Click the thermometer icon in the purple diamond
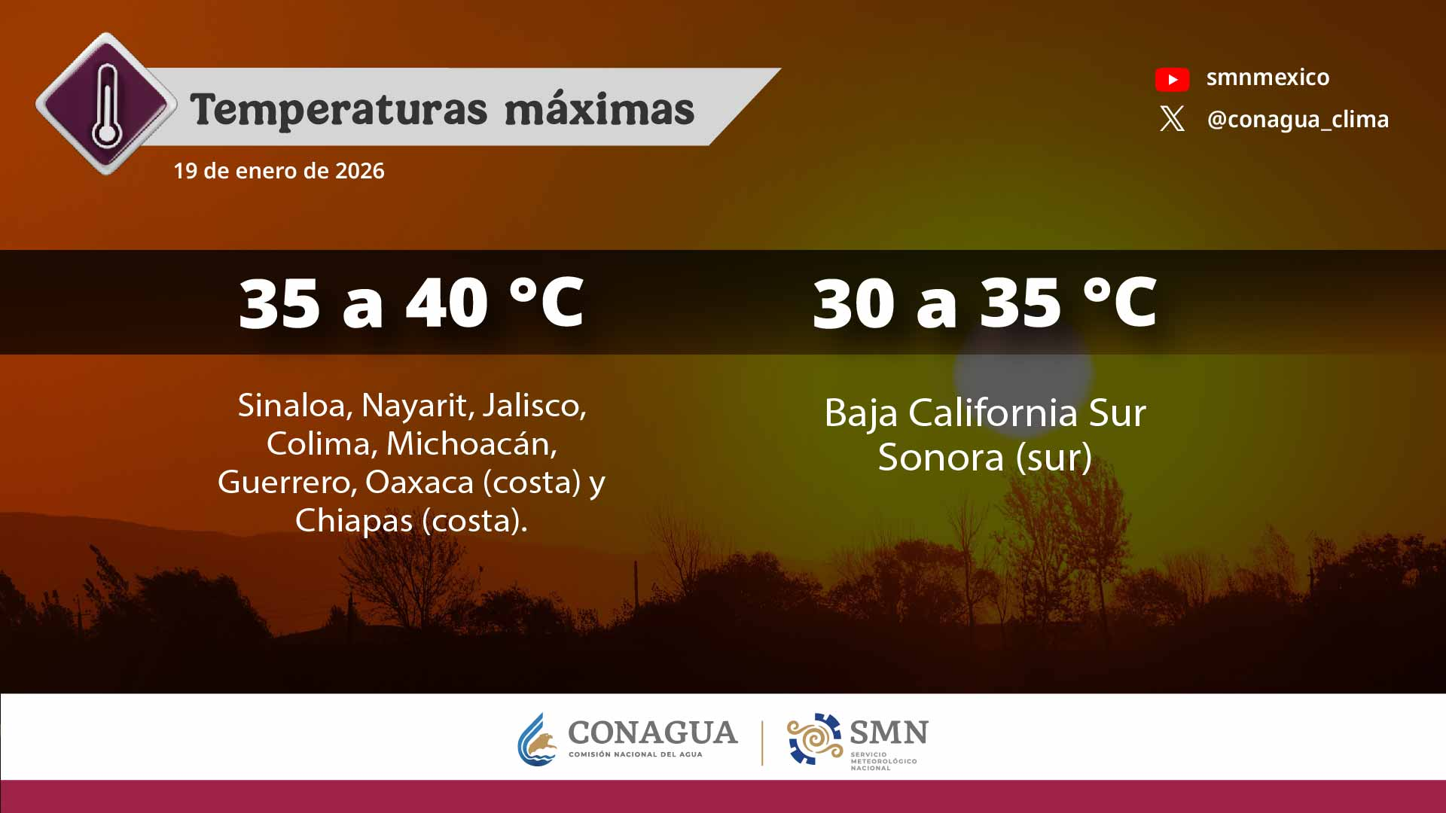[107, 105]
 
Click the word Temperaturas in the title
[339, 110]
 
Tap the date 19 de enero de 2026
[279, 171]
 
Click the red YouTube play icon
[1172, 79]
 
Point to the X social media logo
[1172, 119]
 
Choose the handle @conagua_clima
[1298, 120]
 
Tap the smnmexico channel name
[1268, 77]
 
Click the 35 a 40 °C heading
[411, 303]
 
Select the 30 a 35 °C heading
[984, 303]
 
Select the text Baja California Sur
[985, 413]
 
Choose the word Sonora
[941, 457]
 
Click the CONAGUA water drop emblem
[537, 739]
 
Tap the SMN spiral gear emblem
[814, 738]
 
